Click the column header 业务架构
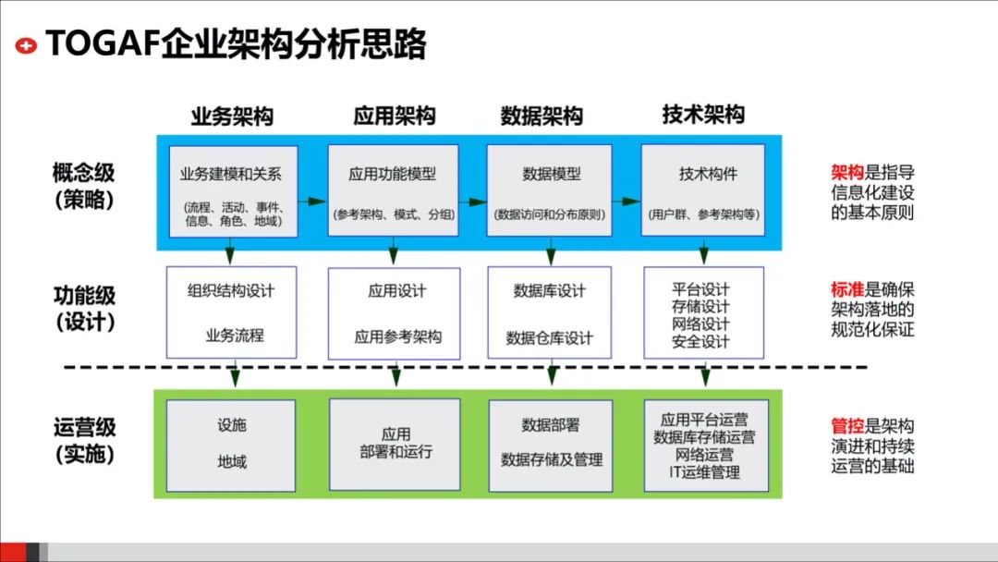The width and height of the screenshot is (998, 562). pyautogui.click(x=232, y=116)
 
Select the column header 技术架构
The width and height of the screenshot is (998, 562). pyautogui.click(x=703, y=115)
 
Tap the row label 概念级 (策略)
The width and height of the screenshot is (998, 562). pyautogui.click(x=84, y=186)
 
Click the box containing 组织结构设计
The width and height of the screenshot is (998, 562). pyautogui.click(x=231, y=312)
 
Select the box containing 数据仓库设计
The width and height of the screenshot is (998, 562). pyautogui.click(x=550, y=312)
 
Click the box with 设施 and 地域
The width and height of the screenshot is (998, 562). pyautogui.click(x=231, y=445)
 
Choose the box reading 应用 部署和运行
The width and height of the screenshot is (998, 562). pyautogui.click(x=395, y=445)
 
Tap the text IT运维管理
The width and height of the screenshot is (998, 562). pyautogui.click(x=704, y=472)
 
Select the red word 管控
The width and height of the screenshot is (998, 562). pyautogui.click(x=847, y=427)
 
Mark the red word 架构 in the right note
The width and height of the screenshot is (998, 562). pyautogui.click(x=847, y=173)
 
